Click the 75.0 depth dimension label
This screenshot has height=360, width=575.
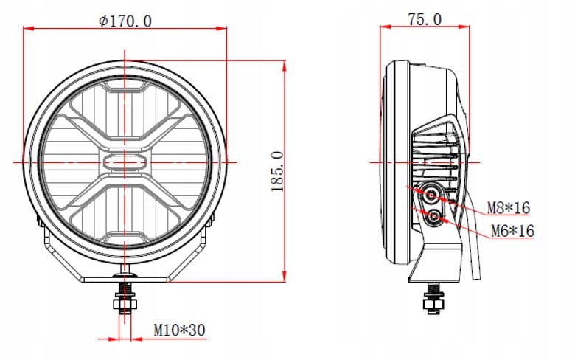point(425,20)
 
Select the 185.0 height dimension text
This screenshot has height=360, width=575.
point(277,171)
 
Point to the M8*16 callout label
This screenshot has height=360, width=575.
point(509,208)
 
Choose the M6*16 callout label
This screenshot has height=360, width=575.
point(512,232)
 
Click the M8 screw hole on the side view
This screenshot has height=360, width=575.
point(431,193)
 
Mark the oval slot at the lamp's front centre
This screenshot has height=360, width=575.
point(125,162)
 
